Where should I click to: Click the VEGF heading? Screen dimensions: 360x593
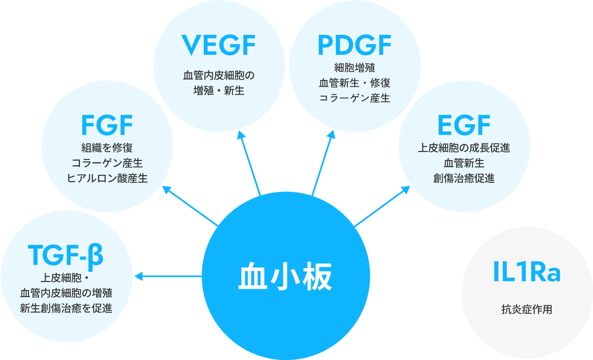pos(219,46)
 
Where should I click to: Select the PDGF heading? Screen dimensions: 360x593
pos(354,46)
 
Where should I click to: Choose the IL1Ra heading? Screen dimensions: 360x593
pos(526,273)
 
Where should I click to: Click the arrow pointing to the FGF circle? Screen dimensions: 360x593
pos(190,206)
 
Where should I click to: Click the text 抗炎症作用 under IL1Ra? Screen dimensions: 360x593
pos(526,310)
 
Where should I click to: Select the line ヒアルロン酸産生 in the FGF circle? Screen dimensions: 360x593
pos(107,178)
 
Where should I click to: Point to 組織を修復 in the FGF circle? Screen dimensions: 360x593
pos(107,148)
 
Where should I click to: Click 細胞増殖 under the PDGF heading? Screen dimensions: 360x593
pos(354,67)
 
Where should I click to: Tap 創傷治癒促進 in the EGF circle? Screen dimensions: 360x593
pos(464,179)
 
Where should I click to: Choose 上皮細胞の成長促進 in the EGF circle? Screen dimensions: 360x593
pos(464,148)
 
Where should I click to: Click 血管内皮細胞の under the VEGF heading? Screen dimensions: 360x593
pos(219,75)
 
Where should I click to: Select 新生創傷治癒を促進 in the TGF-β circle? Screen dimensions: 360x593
pos(66,308)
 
